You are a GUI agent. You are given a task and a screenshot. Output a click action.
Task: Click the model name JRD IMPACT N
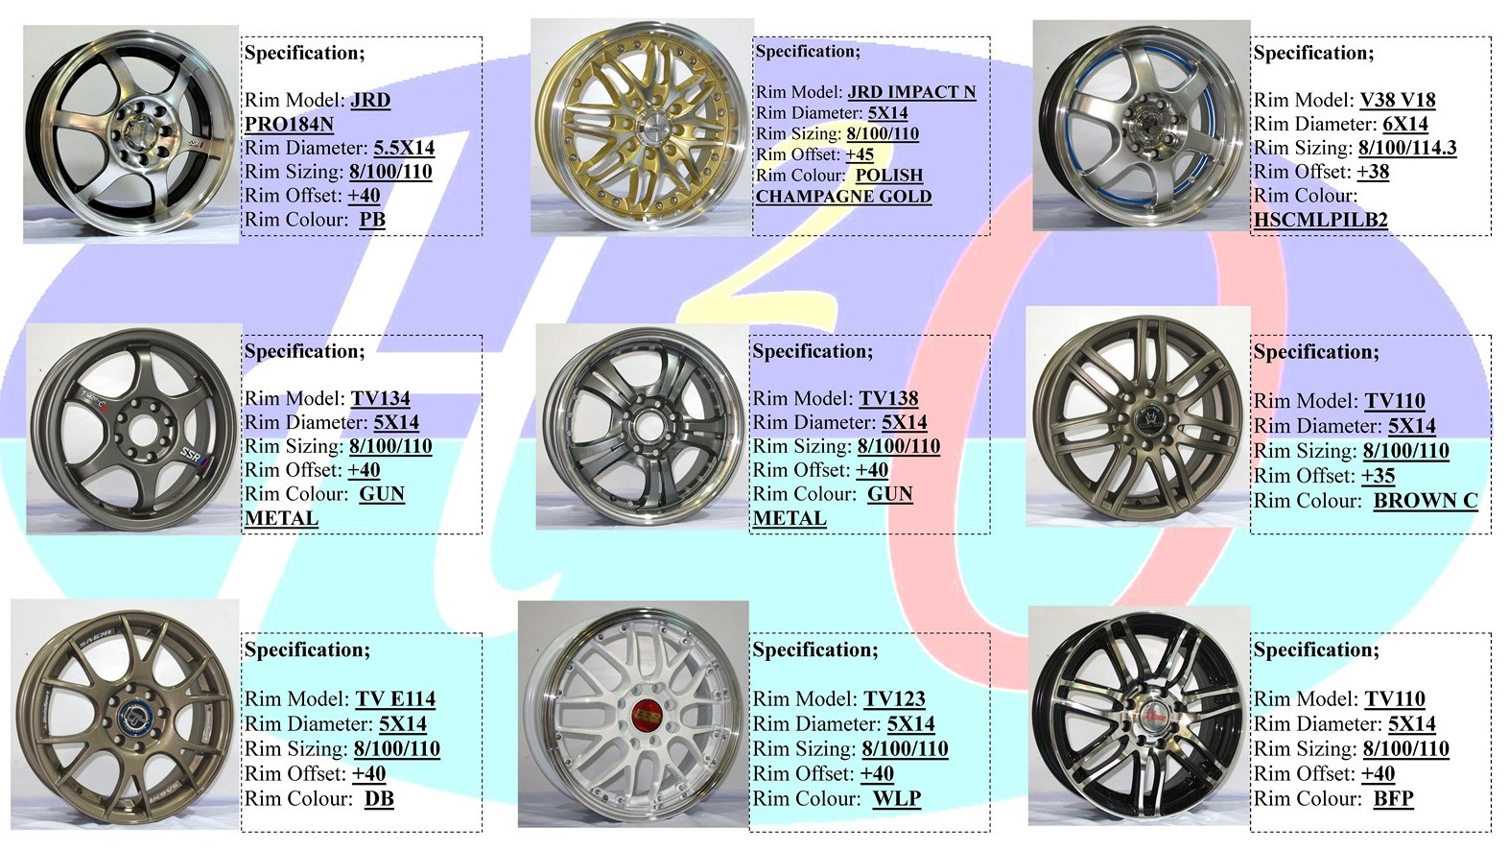(x=911, y=91)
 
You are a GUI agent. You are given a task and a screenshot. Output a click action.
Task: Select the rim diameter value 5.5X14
(x=404, y=148)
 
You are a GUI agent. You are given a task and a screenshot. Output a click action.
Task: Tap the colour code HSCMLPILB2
(x=1320, y=220)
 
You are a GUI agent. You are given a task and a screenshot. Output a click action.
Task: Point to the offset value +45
(x=860, y=154)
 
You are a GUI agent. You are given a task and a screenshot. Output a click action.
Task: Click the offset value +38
(x=1373, y=172)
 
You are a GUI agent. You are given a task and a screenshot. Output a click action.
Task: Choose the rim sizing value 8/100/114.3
(x=1407, y=148)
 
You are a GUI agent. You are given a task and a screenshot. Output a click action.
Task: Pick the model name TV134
(x=380, y=398)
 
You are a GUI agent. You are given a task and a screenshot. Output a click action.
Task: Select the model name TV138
(x=888, y=398)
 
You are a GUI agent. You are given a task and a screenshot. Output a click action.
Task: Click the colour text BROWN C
(x=1426, y=501)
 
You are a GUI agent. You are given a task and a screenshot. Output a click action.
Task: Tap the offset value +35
(x=1379, y=476)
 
